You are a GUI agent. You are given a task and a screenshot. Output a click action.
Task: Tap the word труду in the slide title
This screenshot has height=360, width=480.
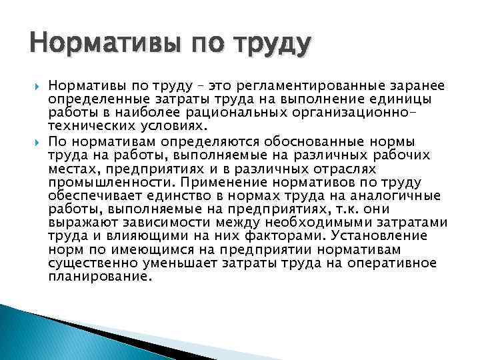pos(273,46)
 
